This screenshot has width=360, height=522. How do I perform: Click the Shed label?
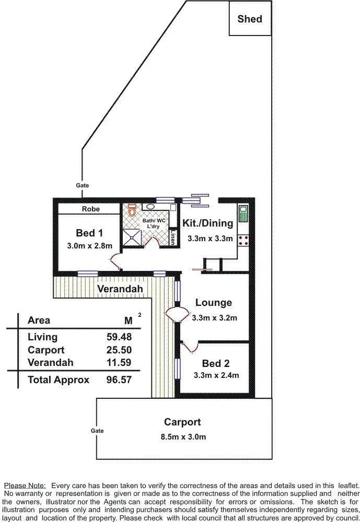click(x=250, y=19)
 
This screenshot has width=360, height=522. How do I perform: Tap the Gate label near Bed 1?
click(x=83, y=185)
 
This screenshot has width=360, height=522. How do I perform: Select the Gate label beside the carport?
click(x=97, y=431)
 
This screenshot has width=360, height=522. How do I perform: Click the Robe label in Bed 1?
click(x=91, y=209)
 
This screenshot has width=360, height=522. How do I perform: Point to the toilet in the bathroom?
click(x=132, y=210)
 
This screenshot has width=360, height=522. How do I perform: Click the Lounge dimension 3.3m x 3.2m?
click(x=215, y=317)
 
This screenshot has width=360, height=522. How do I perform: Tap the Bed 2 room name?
click(x=216, y=363)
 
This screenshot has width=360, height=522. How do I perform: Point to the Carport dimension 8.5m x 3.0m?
click(x=182, y=436)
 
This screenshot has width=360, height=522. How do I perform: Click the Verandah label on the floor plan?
click(x=120, y=288)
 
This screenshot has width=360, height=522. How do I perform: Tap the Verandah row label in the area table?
click(x=50, y=362)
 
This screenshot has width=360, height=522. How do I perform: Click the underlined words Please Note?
click(x=25, y=485)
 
